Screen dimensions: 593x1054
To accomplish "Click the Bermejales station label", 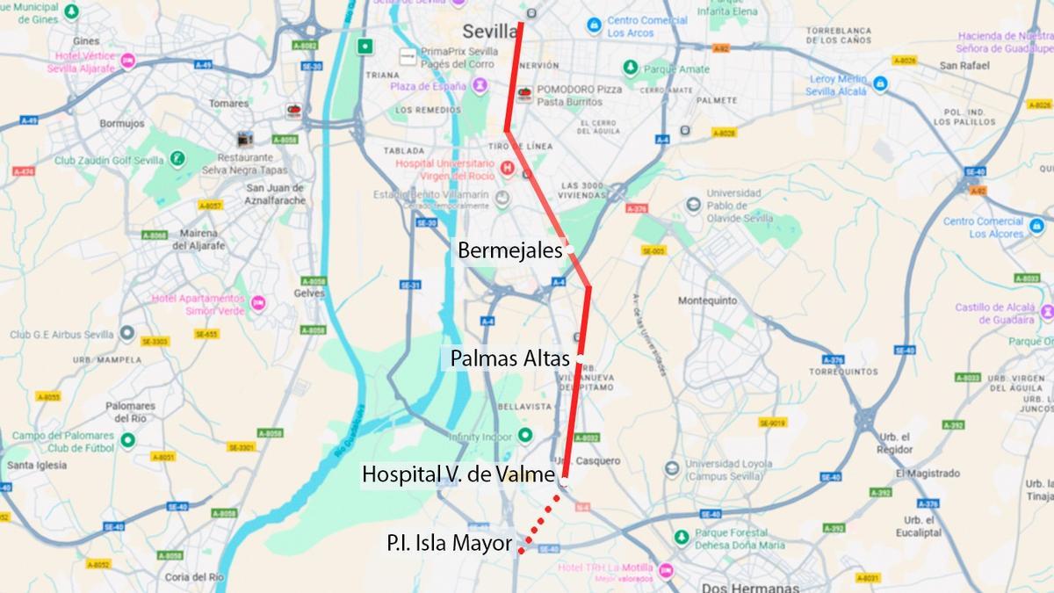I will tap(509, 250).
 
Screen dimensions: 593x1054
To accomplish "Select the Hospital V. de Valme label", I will tap(458, 475).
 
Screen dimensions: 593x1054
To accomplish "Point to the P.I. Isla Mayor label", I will tap(448, 543).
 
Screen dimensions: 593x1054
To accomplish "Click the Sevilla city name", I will tap(489, 32).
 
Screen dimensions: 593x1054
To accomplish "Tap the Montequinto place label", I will tap(708, 300).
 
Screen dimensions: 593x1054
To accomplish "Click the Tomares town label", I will tap(229, 103).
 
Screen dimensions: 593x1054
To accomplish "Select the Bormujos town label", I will tap(122, 124).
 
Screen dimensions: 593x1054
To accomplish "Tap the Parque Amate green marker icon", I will tap(630, 67).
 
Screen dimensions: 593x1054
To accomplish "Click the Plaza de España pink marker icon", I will tap(481, 85).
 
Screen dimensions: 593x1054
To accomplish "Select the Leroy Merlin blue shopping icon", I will tap(880, 84).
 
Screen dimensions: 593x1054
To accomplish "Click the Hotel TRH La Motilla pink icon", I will tap(666, 570).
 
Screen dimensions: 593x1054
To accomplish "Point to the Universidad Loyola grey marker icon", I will tap(672, 467).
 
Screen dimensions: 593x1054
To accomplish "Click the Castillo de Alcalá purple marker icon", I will tap(1045, 313).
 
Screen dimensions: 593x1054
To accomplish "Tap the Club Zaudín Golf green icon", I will tap(178, 159).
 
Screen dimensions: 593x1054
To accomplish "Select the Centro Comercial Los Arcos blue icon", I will tap(594, 25).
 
